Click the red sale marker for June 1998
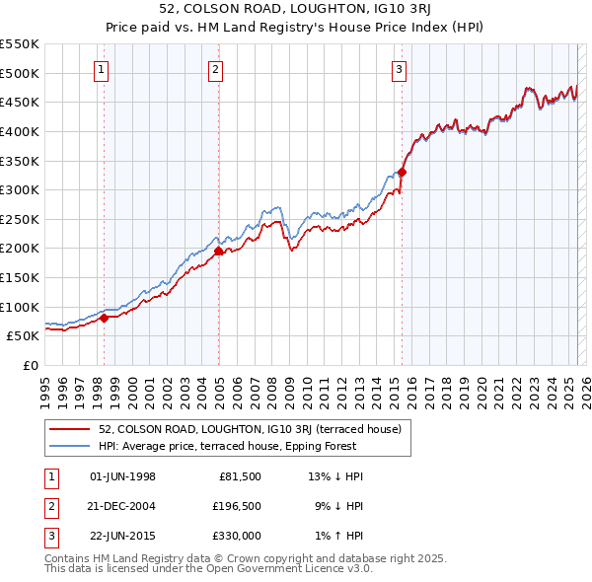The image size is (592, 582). (104, 318)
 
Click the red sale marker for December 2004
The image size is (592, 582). (218, 251)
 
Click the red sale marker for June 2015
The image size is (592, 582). (402, 172)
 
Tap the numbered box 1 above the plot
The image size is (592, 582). (103, 69)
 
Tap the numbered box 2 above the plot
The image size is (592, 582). (215, 69)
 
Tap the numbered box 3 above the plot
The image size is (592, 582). (399, 69)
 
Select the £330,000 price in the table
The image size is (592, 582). (237, 536)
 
